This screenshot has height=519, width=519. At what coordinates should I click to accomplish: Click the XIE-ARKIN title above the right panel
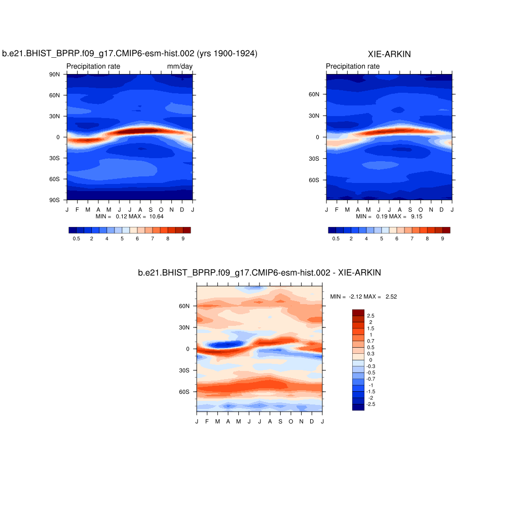389,54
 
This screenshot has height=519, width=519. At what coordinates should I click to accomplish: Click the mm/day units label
180,66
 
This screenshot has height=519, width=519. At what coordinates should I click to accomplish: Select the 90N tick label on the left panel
54,74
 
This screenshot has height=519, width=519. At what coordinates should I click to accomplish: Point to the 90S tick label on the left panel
54,200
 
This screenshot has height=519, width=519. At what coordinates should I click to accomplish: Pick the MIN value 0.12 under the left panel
121,216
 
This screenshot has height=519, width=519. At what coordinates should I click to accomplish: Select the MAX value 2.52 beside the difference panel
391,296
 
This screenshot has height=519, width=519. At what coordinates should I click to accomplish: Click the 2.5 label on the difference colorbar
371,316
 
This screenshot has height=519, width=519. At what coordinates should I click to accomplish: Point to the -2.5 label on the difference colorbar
370,404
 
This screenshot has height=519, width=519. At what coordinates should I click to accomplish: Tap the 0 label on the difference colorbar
370,360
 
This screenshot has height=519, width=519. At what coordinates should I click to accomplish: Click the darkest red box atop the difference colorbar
358,312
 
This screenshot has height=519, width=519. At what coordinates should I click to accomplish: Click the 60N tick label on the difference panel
184,306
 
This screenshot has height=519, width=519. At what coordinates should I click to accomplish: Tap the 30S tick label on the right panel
314,158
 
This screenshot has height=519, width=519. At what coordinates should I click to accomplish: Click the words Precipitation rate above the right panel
353,66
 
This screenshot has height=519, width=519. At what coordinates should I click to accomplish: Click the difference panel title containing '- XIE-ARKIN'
259,273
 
